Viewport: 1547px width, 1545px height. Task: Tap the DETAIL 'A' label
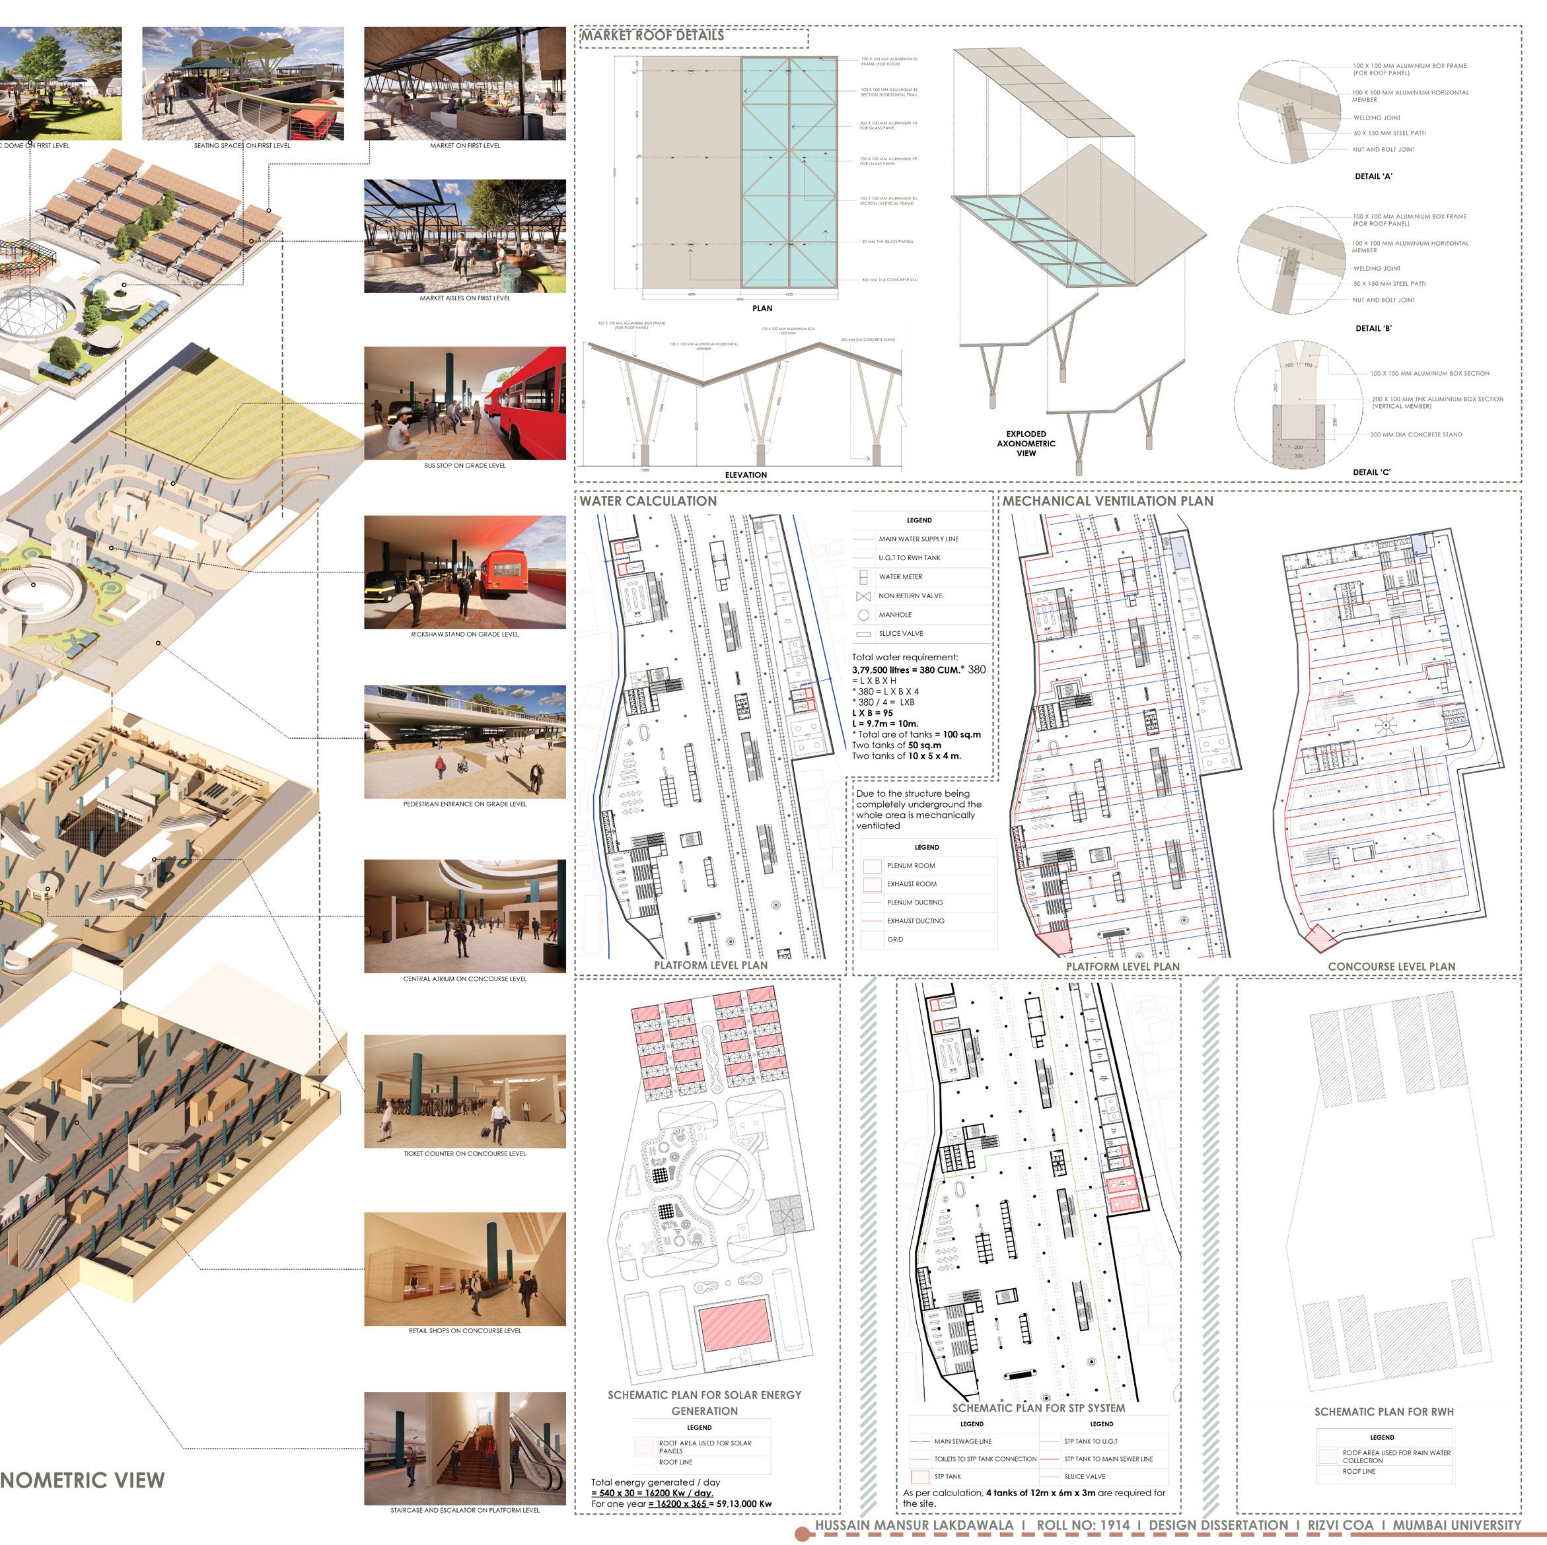tap(1373, 176)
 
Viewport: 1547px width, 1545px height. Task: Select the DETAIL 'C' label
tap(1371, 472)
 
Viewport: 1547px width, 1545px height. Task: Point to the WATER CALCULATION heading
tap(648, 501)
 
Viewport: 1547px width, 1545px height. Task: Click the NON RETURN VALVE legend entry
tap(910, 596)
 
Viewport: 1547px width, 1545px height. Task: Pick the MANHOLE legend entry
tap(894, 615)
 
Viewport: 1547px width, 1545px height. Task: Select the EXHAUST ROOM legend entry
tap(912, 884)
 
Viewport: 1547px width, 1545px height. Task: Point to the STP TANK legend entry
tap(947, 1476)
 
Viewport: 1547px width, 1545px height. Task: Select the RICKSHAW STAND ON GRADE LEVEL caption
tap(464, 634)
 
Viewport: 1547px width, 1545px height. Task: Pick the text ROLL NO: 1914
tap(1083, 1525)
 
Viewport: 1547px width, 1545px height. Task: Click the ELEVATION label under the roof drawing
tap(746, 475)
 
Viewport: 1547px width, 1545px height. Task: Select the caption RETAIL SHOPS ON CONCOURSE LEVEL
tap(464, 1330)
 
